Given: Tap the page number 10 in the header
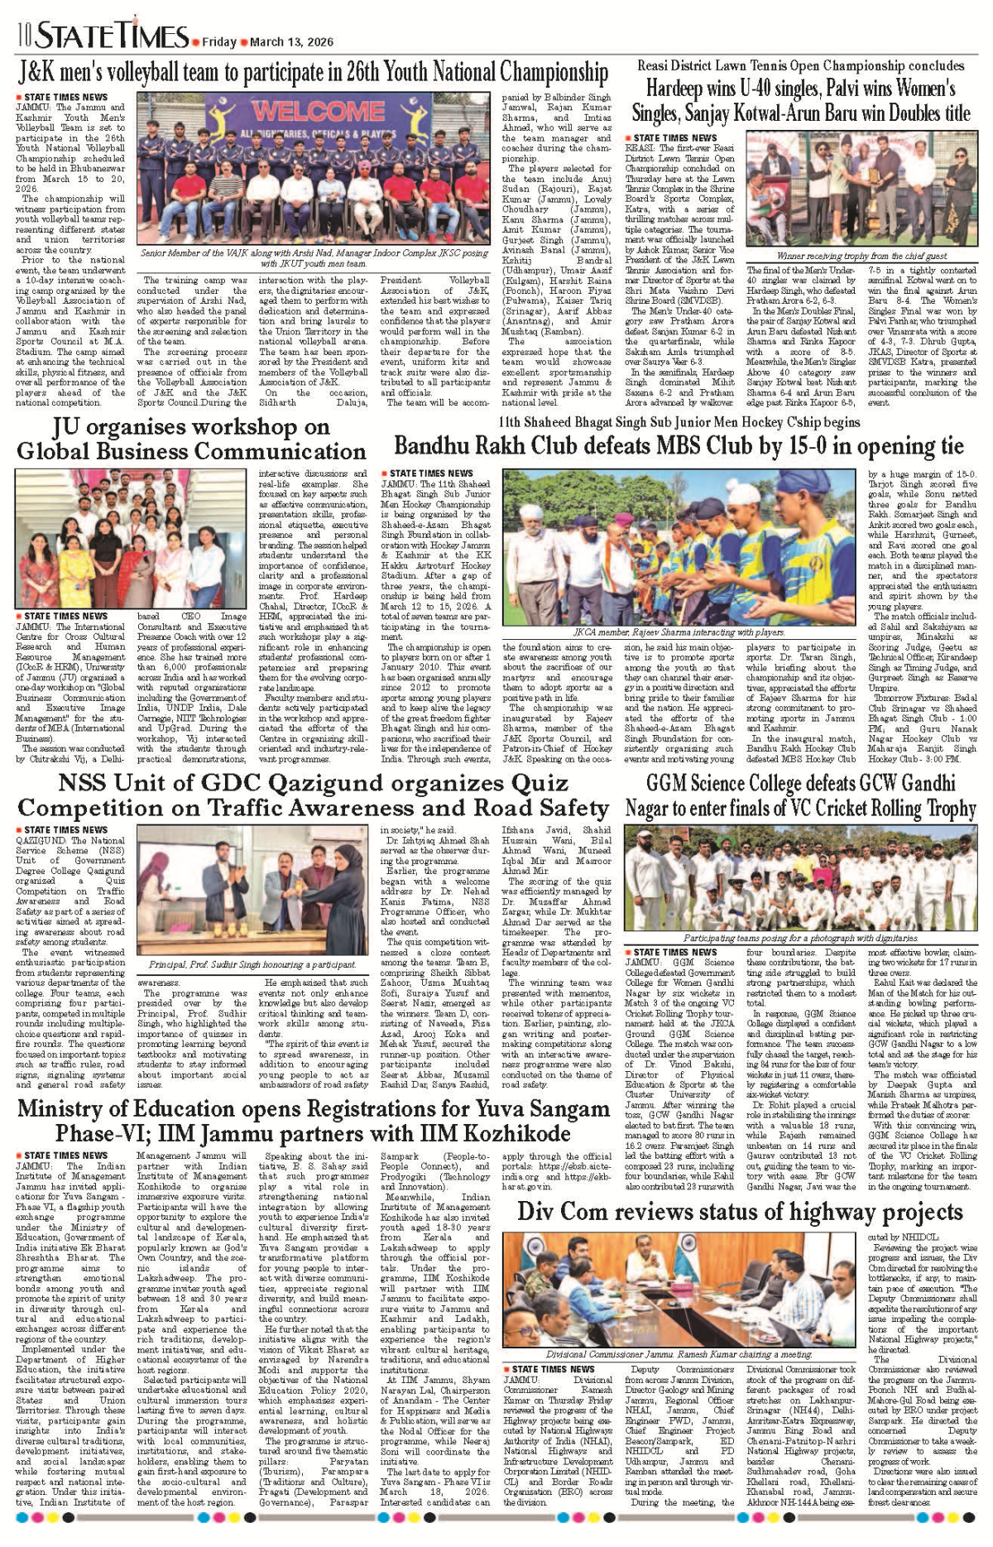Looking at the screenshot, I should pyautogui.click(x=24, y=36).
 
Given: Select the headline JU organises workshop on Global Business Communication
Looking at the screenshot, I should pyautogui.click(x=191, y=440).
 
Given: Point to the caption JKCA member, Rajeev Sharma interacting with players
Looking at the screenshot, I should pyautogui.click(x=679, y=632).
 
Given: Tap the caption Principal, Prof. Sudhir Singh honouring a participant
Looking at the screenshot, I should pyautogui.click(x=252, y=965).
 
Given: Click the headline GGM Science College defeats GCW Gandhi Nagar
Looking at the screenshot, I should pyautogui.click(x=800, y=795).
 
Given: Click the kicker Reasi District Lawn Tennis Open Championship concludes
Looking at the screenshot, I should pyautogui.click(x=800, y=65).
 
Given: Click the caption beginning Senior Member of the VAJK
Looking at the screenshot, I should pyautogui.click(x=314, y=258).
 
